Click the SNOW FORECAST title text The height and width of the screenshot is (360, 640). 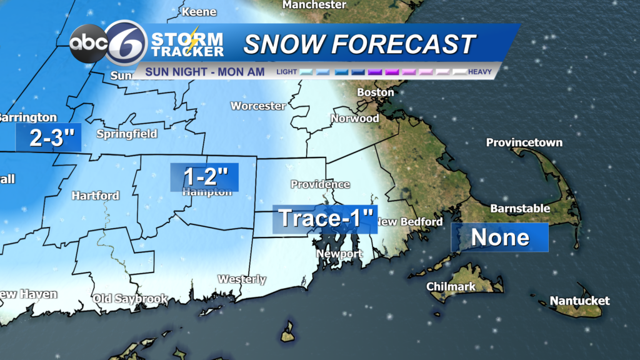point(359,44)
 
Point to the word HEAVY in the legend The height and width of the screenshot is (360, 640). point(480,72)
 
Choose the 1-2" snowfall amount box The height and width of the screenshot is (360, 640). point(204,176)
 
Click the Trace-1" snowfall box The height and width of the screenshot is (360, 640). point(325,219)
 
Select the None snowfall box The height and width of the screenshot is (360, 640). point(500,237)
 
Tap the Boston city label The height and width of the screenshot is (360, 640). point(375,92)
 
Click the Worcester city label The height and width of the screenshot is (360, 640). point(257,106)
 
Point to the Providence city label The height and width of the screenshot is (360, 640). point(320,184)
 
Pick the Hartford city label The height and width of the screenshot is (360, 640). point(95,196)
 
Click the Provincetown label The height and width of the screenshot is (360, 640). point(524,142)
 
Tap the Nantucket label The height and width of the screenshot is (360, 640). point(579,301)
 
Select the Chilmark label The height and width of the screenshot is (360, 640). point(451,287)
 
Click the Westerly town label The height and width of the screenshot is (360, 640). point(242,279)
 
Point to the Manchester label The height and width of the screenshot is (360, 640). point(314,5)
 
